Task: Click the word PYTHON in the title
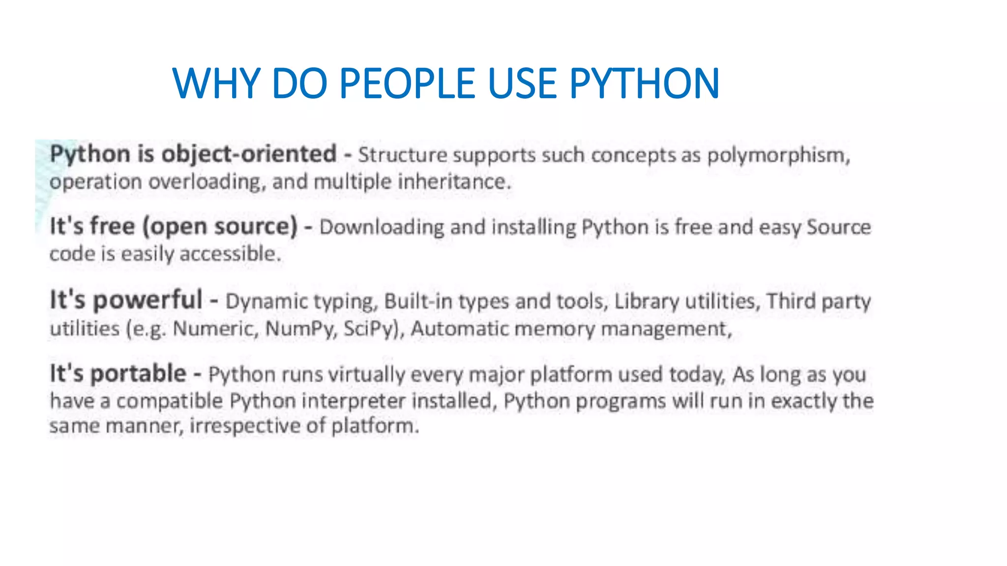click(644, 84)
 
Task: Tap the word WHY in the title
click(216, 84)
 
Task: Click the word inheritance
click(453, 182)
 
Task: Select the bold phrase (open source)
click(220, 227)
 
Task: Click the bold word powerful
click(148, 300)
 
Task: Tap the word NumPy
click(300, 329)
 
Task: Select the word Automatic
click(459, 329)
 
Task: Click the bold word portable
click(139, 374)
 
